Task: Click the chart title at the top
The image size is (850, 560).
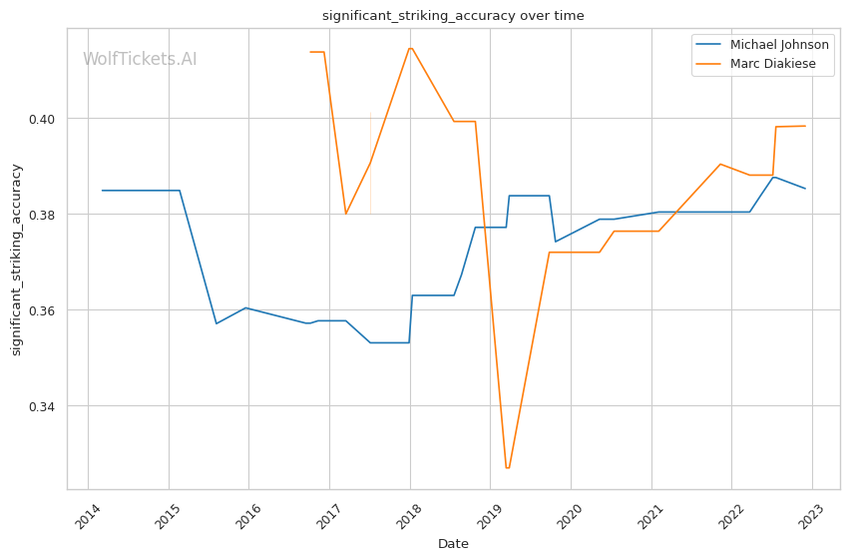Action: (x=453, y=16)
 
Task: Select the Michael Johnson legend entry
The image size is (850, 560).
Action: (x=761, y=45)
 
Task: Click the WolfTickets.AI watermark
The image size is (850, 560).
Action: (x=140, y=59)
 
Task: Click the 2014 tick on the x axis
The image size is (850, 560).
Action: (x=87, y=516)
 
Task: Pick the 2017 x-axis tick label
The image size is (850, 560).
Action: (x=329, y=516)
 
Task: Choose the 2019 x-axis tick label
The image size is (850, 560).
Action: (x=490, y=516)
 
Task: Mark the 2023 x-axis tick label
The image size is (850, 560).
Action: (x=811, y=516)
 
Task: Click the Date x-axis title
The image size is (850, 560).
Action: (x=453, y=544)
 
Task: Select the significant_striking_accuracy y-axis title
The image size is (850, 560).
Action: (x=16, y=260)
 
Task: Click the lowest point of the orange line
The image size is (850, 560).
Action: (x=508, y=468)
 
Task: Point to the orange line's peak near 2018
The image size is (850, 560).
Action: (x=410, y=48)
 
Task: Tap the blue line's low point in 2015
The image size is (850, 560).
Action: (x=216, y=323)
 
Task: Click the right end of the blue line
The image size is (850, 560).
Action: (x=805, y=189)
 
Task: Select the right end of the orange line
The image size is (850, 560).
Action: (x=805, y=126)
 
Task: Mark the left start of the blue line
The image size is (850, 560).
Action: (x=102, y=191)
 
